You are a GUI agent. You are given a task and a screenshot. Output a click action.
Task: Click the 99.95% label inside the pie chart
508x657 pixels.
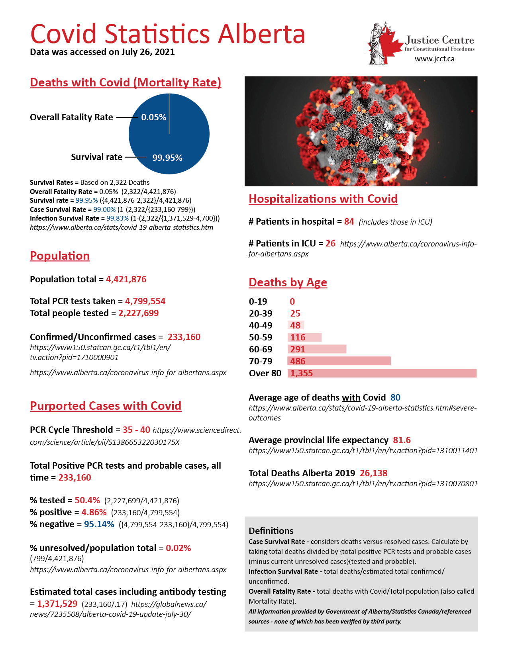tap(167, 158)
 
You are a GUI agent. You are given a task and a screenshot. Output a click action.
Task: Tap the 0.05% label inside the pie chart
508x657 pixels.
tap(154, 117)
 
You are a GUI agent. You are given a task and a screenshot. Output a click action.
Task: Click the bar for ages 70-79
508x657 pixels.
tap(339, 361)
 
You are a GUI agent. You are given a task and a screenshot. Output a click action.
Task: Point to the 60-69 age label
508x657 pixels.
tap(261, 349)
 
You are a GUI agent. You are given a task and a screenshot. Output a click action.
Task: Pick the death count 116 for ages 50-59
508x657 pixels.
tap(298, 337)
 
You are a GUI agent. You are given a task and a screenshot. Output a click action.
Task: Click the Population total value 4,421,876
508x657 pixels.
tap(126, 279)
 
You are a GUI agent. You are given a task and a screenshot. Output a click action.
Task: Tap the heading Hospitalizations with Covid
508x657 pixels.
tap(323, 199)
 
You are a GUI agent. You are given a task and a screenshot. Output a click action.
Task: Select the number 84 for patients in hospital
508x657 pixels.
tap(349, 221)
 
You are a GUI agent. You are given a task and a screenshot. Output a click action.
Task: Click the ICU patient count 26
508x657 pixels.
tap(330, 243)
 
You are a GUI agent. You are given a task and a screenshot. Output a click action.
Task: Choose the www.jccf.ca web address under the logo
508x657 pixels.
tap(434, 59)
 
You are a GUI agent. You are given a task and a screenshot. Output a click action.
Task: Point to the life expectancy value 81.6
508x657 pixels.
tap(402, 440)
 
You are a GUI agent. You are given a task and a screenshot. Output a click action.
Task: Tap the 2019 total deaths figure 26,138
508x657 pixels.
tap(373, 473)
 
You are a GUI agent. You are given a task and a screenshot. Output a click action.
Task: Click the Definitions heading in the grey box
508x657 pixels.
tap(271, 531)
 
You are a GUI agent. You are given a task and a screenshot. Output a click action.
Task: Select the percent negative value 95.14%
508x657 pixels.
tap(99, 524)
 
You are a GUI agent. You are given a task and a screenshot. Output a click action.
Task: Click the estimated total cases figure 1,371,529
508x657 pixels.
tap(57, 604)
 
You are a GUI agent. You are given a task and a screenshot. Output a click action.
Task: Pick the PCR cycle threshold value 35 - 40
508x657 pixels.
tap(136, 430)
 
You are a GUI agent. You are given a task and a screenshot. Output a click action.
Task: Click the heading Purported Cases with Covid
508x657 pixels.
tap(106, 406)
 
